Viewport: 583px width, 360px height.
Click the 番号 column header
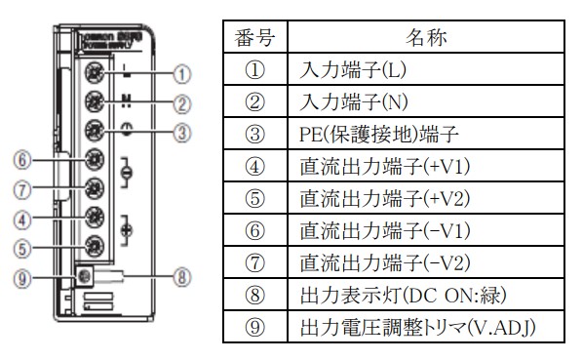click(254, 40)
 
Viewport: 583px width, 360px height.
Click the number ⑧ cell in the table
click(254, 293)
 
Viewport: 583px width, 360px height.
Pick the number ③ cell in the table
click(254, 134)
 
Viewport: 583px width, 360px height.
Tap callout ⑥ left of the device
click(22, 159)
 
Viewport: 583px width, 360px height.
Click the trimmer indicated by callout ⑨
click(85, 276)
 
